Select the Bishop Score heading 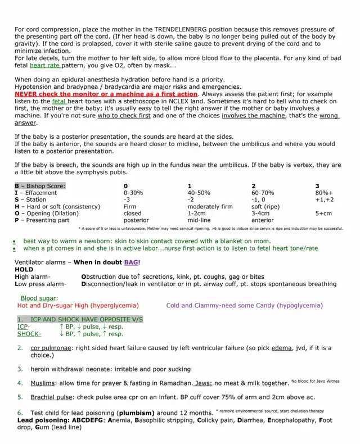[40, 185]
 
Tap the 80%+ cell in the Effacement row [324, 192]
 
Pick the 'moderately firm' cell [210, 206]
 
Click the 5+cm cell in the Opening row [323, 214]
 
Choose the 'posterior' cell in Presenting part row [136, 220]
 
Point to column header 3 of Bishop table [317, 185]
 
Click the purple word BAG [131, 262]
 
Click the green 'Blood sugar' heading [39, 298]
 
